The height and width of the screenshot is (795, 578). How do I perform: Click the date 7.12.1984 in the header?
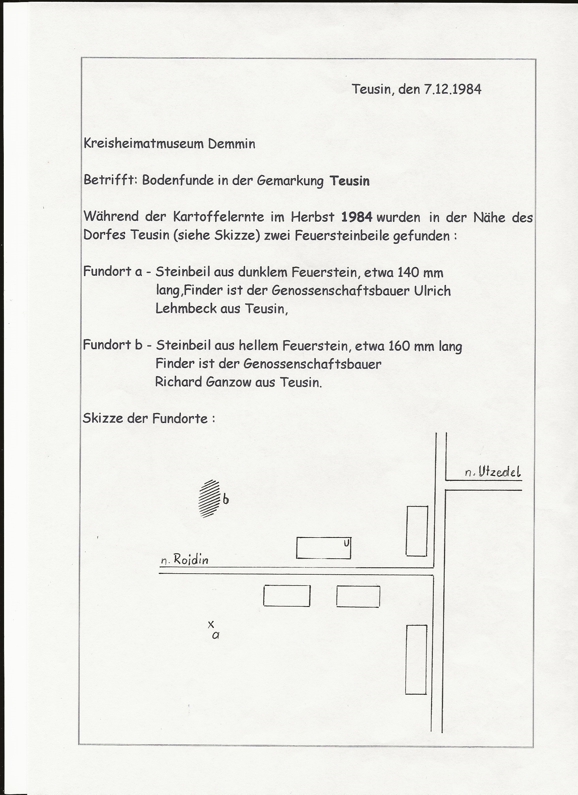click(453, 89)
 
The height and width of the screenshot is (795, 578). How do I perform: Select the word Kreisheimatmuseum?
click(143, 144)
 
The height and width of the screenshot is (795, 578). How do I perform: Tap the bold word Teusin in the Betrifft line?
click(350, 181)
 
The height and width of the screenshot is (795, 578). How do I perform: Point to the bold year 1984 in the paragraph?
click(356, 217)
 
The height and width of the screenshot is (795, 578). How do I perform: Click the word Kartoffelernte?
click(218, 217)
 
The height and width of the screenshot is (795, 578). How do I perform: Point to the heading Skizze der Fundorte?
click(149, 418)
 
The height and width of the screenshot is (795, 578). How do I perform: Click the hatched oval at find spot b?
click(209, 498)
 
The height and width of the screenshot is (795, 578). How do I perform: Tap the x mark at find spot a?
click(211, 624)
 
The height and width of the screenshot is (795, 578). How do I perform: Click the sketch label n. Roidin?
click(185, 560)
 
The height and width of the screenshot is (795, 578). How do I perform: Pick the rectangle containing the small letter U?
click(324, 548)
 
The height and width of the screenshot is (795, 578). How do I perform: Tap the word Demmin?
click(231, 144)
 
